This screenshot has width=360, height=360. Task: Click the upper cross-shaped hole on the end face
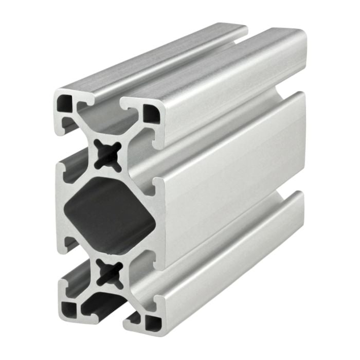[109, 154]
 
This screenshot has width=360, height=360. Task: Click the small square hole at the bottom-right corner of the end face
[152, 322]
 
